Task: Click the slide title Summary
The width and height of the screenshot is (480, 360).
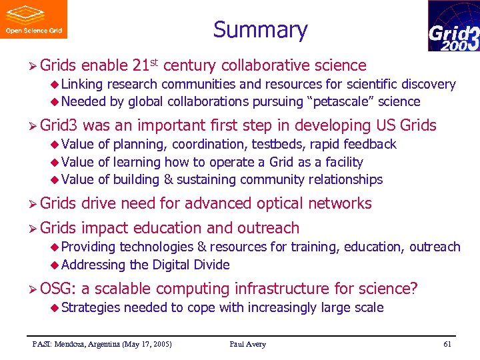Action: [x=260, y=30]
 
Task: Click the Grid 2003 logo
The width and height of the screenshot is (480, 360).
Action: [x=453, y=26]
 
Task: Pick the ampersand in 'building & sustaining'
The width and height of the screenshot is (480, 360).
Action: [x=169, y=179]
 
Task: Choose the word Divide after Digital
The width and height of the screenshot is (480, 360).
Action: [x=211, y=265]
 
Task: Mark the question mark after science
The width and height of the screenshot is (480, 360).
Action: [x=414, y=289]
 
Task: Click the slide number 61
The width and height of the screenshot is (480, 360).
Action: [x=447, y=344]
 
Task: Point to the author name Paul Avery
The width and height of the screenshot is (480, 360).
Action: [x=247, y=344]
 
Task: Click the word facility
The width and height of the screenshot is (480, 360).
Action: [x=341, y=162]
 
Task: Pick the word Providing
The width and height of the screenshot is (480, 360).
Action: [x=89, y=247]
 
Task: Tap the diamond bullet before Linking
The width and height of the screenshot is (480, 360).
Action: [x=56, y=85]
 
